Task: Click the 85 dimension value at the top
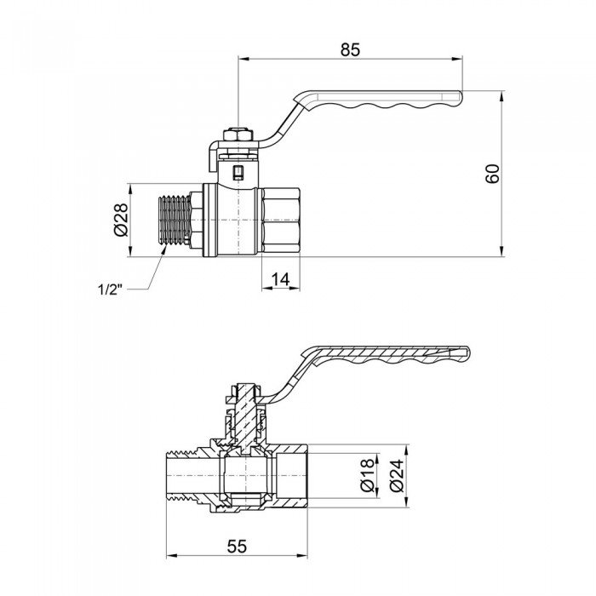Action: (350, 49)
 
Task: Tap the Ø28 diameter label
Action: (120, 219)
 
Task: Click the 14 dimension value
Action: (281, 278)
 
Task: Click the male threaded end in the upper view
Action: (175, 220)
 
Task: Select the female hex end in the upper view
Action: (280, 220)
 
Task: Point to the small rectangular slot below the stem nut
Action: (238, 174)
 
